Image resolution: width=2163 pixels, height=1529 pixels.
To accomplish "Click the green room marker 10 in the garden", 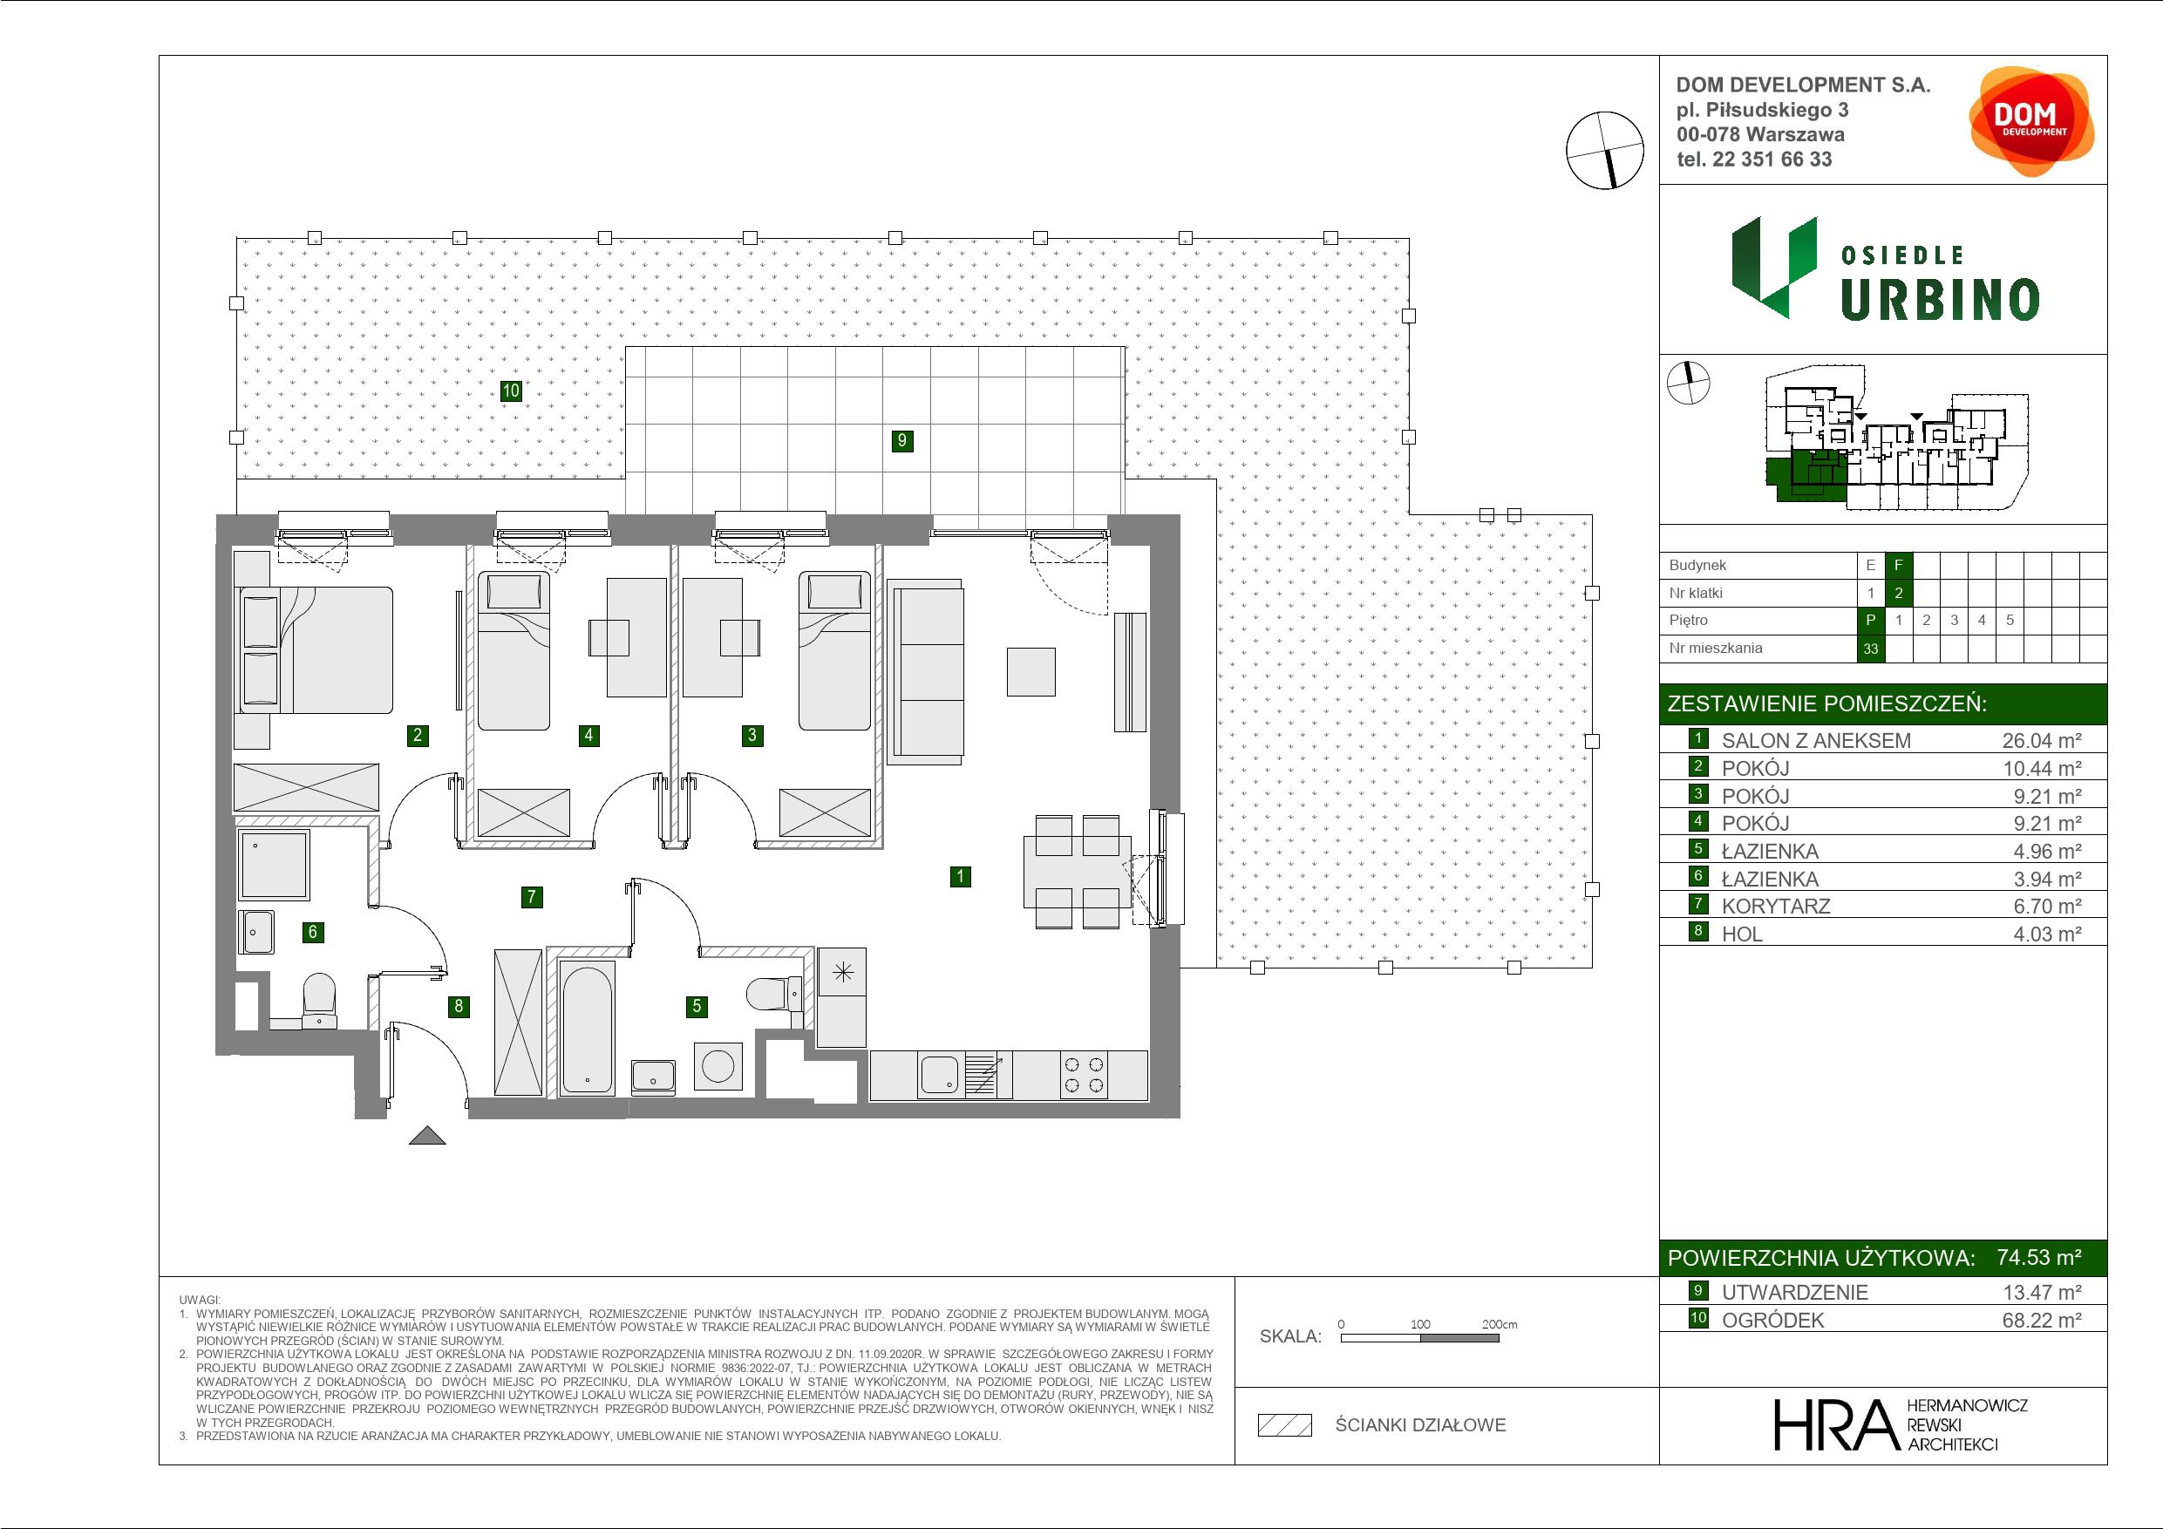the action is click(511, 390).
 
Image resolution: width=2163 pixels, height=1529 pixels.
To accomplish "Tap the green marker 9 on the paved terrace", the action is click(902, 440).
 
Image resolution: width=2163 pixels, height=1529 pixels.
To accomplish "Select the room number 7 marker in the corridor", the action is click(531, 897).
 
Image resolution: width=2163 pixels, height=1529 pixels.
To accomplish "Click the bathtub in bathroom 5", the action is click(586, 1027).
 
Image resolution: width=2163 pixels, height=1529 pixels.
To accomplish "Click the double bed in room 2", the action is click(316, 650).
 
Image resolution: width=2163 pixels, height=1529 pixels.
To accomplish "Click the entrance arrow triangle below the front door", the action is click(427, 1136).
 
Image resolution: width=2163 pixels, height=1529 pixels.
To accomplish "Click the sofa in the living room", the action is click(927, 672).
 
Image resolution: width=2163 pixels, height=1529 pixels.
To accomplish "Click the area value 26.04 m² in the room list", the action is click(2042, 740).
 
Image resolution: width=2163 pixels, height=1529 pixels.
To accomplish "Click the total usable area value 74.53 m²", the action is click(2039, 1257).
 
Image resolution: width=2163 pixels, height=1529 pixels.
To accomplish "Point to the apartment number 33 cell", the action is click(1870, 649).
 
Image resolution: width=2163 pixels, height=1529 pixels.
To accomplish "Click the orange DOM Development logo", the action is click(2031, 121).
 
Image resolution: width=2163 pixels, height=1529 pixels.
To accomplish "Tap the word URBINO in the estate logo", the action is click(1940, 300).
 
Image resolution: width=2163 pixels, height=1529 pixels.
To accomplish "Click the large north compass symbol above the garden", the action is click(1604, 151).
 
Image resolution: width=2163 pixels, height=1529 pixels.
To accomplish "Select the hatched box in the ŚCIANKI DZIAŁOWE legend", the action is click(1285, 1425).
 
